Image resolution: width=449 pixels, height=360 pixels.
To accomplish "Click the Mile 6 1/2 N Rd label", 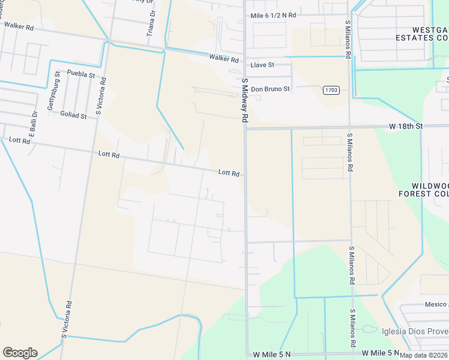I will click(273, 14).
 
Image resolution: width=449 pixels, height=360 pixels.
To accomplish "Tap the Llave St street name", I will click(262, 64).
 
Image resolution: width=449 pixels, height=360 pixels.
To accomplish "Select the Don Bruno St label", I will click(270, 89).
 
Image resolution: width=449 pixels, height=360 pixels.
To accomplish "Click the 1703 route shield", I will click(331, 90).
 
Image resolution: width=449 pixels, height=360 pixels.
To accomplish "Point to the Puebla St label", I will click(81, 74).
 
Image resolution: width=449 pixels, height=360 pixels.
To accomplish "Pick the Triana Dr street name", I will click(151, 23).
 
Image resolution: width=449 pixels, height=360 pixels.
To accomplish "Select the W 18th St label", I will click(406, 126).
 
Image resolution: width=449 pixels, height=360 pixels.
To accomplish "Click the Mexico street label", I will click(436, 305).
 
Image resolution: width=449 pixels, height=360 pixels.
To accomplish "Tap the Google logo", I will click(20, 353).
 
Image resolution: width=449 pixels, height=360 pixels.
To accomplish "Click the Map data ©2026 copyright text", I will click(423, 355).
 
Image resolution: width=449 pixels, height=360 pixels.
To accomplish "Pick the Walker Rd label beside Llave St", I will click(224, 59).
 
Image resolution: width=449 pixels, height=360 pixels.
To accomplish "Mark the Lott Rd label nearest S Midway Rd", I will click(229, 173).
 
